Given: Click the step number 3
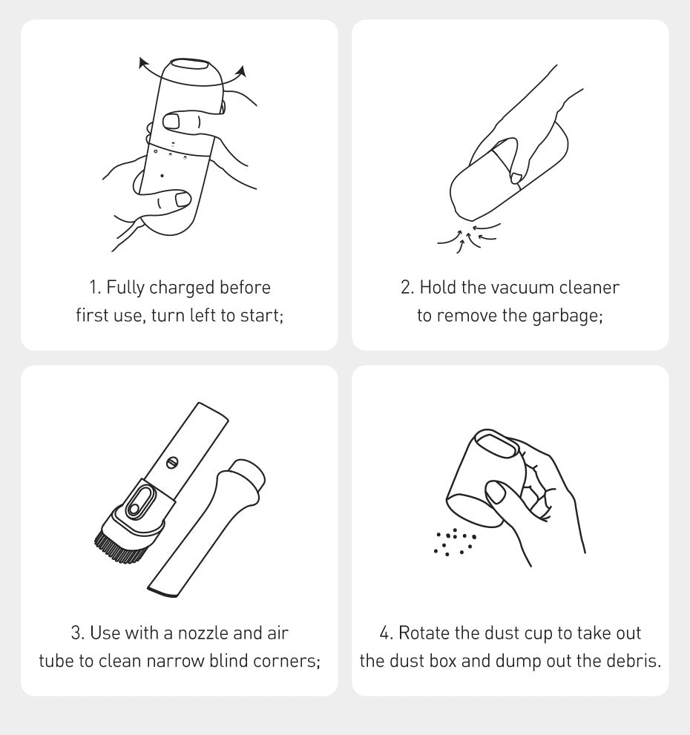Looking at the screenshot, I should coord(76,633).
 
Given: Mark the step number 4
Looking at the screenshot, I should coord(385,633).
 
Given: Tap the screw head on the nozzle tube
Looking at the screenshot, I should coord(173,462).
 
